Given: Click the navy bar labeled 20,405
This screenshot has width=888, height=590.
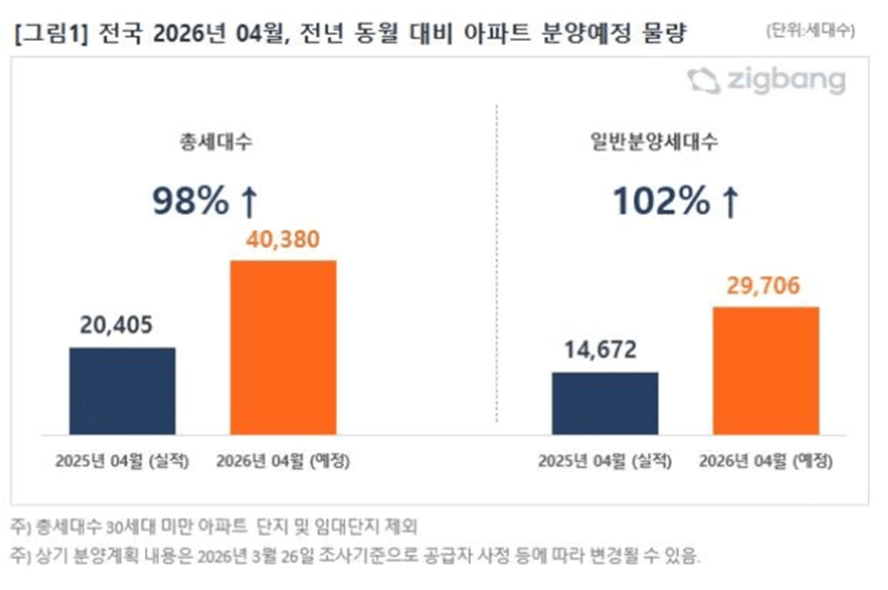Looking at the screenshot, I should click(122, 391).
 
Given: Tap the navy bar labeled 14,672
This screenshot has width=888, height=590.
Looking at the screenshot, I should click(604, 403).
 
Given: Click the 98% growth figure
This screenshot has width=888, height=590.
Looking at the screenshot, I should click(191, 201).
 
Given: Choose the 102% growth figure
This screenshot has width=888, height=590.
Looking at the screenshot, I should click(660, 201).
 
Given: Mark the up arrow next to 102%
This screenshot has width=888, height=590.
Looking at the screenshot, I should click(729, 201).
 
